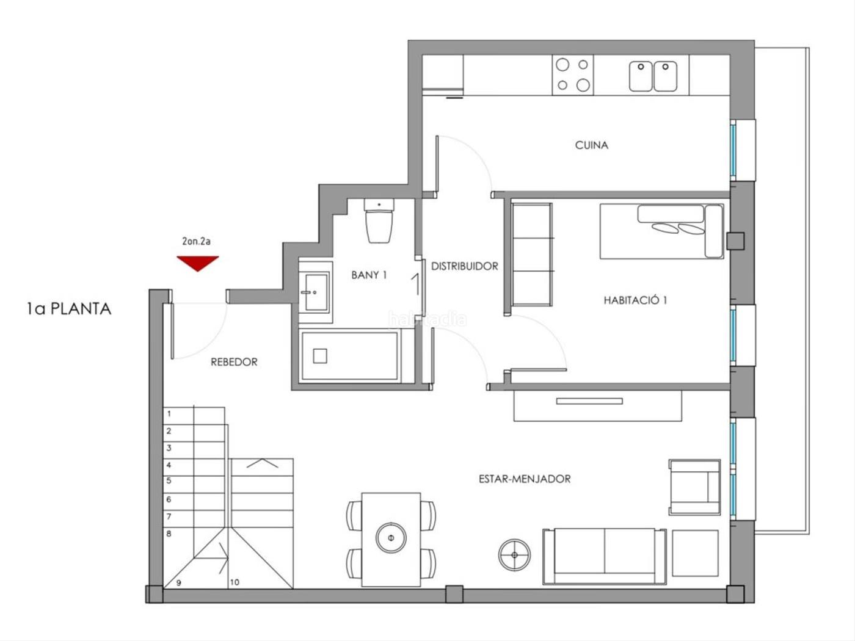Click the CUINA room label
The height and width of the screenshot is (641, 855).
click(591, 145)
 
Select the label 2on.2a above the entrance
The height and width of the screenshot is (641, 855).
click(196, 241)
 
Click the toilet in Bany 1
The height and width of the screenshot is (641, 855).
click(379, 220)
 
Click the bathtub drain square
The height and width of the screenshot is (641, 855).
click(320, 356)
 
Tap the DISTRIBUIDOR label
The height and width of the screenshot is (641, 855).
click(465, 266)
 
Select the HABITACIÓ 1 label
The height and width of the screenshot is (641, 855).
click(635, 300)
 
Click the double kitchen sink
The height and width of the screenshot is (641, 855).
click(653, 76)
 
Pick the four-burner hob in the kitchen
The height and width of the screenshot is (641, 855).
click(573, 74)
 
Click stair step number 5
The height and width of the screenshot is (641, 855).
click(169, 480)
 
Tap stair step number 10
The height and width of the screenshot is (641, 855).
click(235, 582)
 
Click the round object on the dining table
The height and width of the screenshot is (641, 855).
click(391, 538)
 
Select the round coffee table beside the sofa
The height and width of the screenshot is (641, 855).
click(515, 555)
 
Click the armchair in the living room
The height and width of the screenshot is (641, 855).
click(694, 487)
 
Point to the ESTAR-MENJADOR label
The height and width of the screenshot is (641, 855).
click(525, 479)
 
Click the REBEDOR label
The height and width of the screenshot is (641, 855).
click(234, 362)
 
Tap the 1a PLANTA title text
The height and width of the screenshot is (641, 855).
click(69, 309)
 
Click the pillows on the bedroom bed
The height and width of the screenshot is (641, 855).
click(678, 228)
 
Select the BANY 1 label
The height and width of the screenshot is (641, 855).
click(369, 275)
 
